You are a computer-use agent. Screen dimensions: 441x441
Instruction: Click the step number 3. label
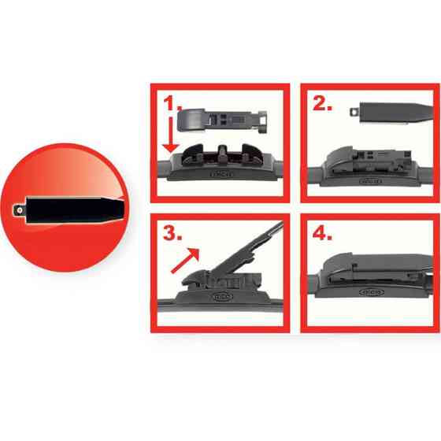(x=172, y=234)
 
